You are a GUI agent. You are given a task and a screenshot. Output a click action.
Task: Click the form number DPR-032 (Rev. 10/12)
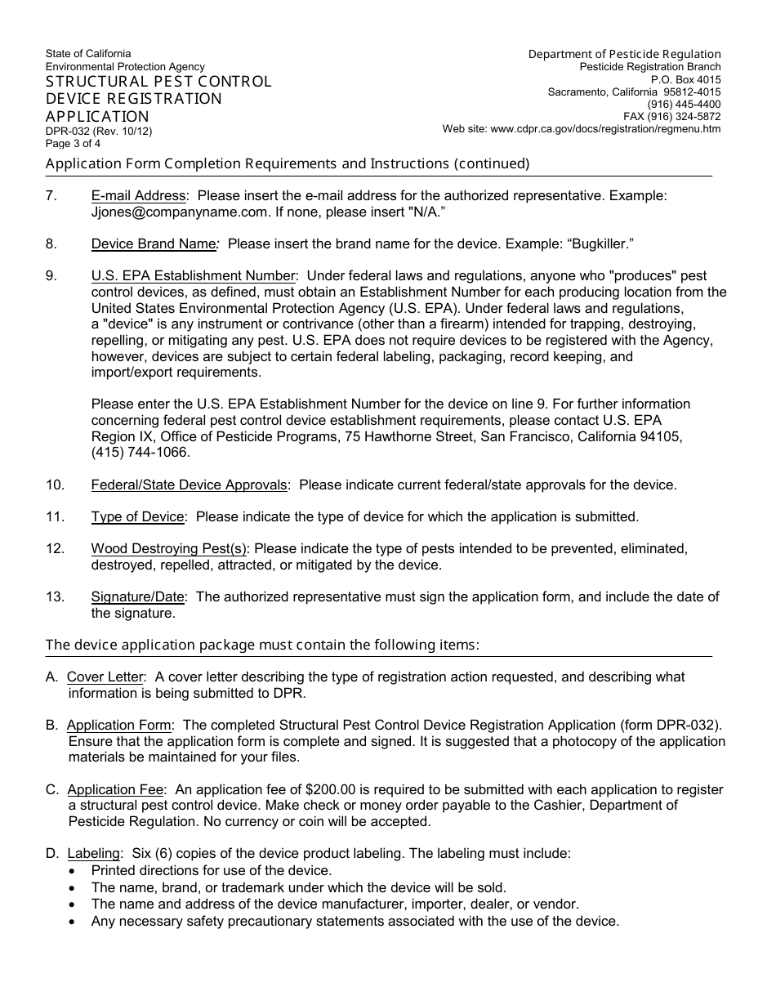(x=98, y=131)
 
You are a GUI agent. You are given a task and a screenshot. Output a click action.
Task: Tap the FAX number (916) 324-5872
(x=672, y=116)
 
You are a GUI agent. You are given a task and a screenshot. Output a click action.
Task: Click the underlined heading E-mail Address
(x=139, y=196)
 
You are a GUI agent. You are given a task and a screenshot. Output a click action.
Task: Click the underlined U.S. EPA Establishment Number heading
(x=193, y=276)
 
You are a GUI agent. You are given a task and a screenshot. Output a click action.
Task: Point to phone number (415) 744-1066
(x=140, y=451)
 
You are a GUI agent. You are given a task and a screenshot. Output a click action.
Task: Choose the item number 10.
(x=55, y=485)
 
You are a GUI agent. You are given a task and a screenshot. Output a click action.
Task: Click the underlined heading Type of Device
(x=138, y=516)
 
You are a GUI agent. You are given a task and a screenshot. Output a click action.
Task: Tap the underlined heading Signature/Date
(x=138, y=597)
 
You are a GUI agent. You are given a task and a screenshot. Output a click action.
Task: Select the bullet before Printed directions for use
(x=74, y=871)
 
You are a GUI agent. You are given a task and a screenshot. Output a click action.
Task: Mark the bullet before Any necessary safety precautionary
(x=74, y=921)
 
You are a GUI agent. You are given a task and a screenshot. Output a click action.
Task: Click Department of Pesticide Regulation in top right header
(x=624, y=54)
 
